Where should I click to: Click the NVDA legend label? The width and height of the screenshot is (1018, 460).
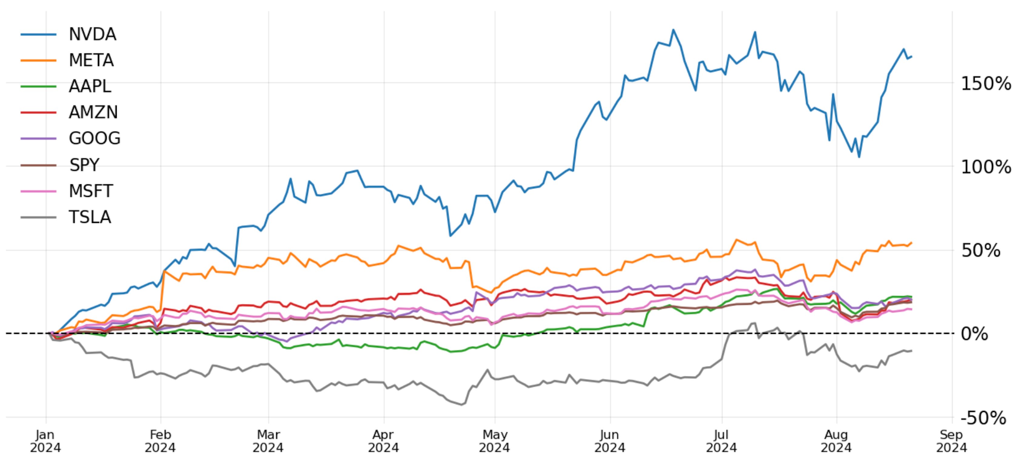pyautogui.click(x=92, y=34)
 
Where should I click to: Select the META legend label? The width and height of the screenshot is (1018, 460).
pyautogui.click(x=91, y=60)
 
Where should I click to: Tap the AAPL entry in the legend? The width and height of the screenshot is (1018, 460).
pyautogui.click(x=90, y=86)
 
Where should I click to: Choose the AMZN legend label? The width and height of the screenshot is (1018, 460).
pyautogui.click(x=93, y=112)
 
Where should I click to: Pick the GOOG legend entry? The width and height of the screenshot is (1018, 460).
pyautogui.click(x=95, y=138)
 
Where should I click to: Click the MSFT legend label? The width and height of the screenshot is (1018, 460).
pyautogui.click(x=91, y=191)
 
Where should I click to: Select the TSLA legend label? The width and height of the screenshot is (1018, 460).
pyautogui.click(x=90, y=217)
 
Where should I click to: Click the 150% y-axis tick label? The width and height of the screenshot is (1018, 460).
pyautogui.click(x=986, y=84)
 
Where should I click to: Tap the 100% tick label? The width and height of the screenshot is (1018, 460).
pyautogui.click(x=986, y=167)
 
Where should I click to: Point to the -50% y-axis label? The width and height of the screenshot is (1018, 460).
pyautogui.click(x=983, y=418)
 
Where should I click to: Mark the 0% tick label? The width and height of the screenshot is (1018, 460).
pyautogui.click(x=975, y=334)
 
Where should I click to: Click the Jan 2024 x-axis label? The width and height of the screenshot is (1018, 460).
pyautogui.click(x=45, y=441)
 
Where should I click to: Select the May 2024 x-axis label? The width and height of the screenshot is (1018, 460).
pyautogui.click(x=494, y=441)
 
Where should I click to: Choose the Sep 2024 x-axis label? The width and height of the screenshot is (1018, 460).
pyautogui.click(x=951, y=441)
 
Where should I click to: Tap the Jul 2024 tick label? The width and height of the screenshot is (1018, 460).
pyautogui.click(x=721, y=441)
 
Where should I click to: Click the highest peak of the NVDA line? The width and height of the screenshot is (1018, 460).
pyautogui.click(x=673, y=30)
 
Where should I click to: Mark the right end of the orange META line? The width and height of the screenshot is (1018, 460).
pyautogui.click(x=911, y=242)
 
